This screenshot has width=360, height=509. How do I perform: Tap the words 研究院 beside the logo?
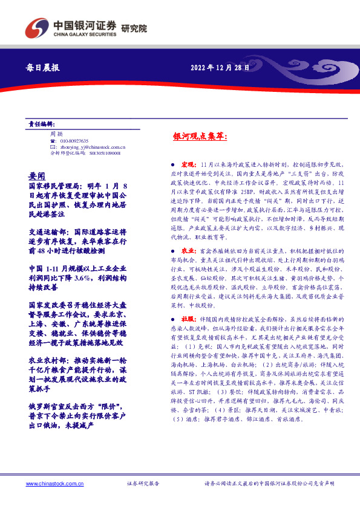pyautogui.click(x=134, y=28)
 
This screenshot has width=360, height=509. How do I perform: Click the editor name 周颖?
pyautogui.click(x=56, y=133)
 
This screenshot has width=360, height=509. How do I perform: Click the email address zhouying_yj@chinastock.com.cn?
pyautogui.click(x=91, y=147)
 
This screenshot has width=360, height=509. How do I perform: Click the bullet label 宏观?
pyautogui.click(x=188, y=164)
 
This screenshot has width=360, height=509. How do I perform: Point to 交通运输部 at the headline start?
pyautogui.click(x=45, y=231)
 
